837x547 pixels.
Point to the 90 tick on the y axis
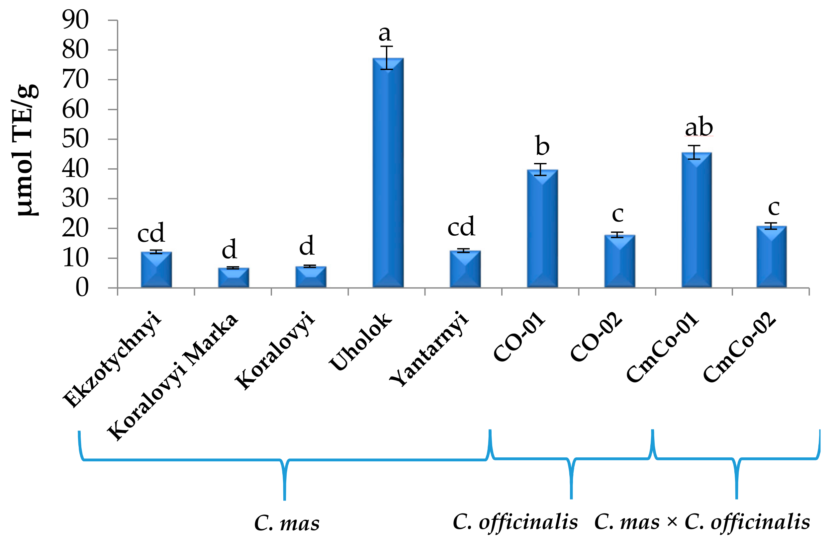(75, 20)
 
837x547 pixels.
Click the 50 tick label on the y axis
(75, 139)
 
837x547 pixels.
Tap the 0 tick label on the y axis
(82, 288)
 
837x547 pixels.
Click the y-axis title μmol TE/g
(25, 150)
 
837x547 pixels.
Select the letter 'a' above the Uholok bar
(385, 34)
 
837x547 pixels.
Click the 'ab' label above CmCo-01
(699, 127)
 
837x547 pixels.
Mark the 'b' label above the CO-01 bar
(542, 146)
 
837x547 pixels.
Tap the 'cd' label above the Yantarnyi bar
(461, 227)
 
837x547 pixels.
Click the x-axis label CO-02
(596, 337)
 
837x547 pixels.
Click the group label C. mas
(287, 523)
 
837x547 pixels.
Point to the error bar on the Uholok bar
(387, 58)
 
